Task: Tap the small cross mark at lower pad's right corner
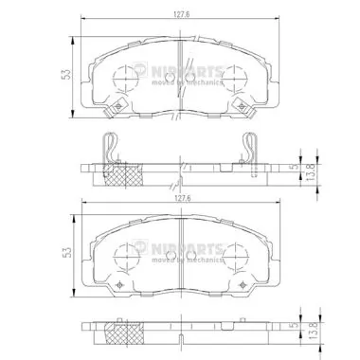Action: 240,285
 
